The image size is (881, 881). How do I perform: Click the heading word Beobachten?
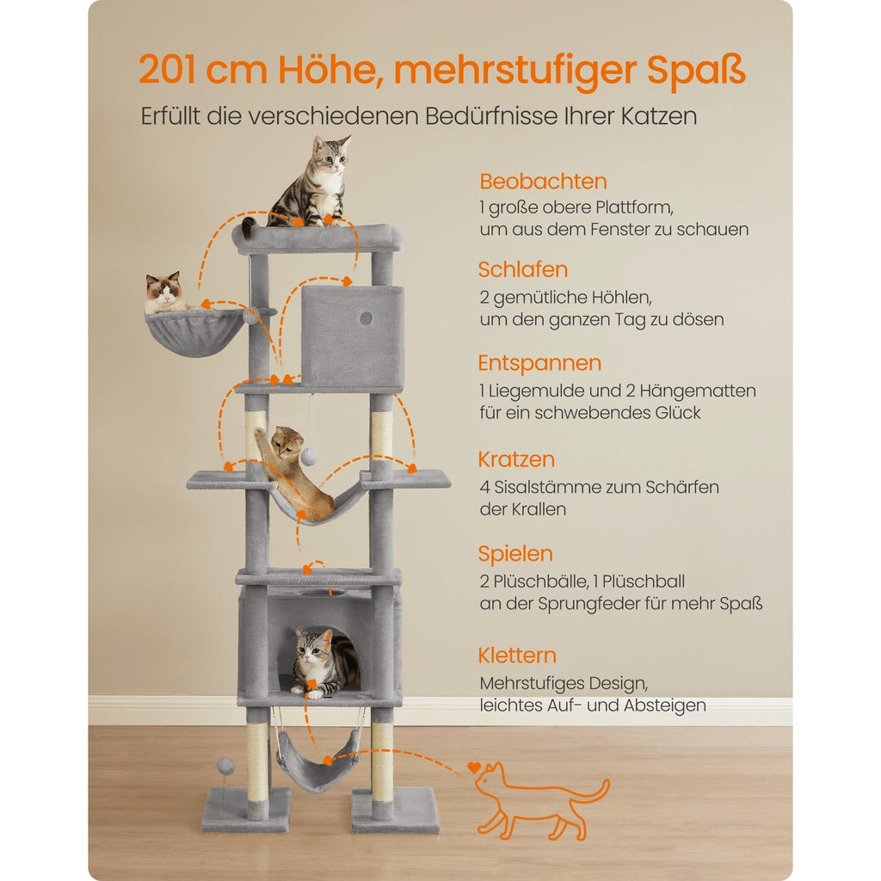(543, 182)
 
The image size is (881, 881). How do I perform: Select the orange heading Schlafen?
(523, 269)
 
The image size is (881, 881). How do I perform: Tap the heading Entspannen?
(539, 363)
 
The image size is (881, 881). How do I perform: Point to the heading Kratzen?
(516, 459)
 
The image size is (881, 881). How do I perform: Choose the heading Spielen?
(515, 553)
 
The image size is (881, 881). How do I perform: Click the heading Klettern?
(517, 655)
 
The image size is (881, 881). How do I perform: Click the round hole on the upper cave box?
(366, 317)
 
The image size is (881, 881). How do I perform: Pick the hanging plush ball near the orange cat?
(308, 455)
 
